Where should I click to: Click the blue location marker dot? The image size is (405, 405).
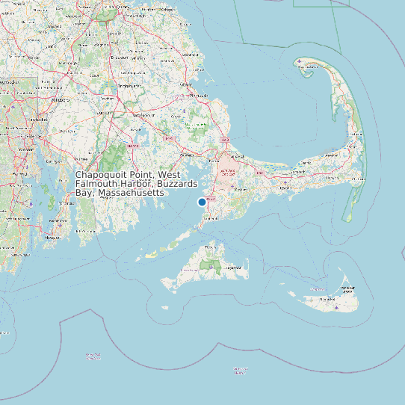202,202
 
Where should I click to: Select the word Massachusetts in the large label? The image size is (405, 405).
132,193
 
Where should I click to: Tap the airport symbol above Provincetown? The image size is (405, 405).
300,61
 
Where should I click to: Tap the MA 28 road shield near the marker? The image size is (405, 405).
210,200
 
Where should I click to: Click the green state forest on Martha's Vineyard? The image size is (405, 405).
213,265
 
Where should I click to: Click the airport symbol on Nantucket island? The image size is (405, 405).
337,306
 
